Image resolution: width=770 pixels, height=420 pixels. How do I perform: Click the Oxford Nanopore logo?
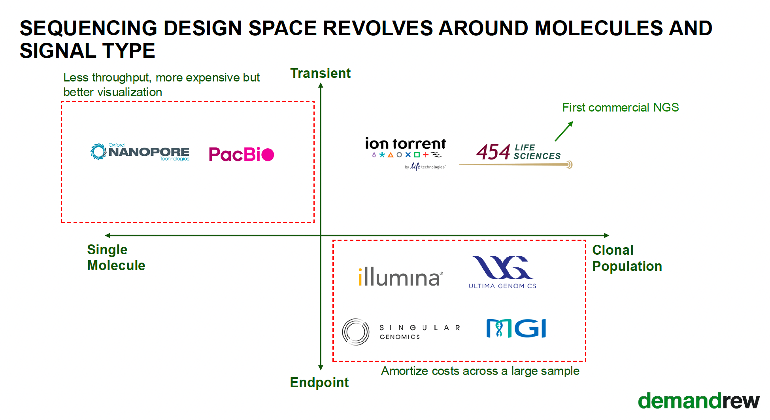(140, 152)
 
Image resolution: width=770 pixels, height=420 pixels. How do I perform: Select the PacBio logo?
(241, 154)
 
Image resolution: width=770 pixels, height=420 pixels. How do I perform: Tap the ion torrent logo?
(406, 152)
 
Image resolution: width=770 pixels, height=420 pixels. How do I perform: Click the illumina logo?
(400, 276)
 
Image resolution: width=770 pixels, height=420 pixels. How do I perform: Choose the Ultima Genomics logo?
(502, 272)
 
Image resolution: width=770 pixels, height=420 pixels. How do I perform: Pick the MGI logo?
(516, 328)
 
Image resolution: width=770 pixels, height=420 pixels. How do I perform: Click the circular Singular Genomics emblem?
(356, 332)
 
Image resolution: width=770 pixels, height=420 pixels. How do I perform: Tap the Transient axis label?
(320, 74)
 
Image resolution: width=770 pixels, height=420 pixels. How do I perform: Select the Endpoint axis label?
(319, 382)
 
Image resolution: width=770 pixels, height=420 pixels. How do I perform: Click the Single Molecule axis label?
(116, 257)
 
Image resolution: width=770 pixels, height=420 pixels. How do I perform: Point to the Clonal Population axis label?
(627, 258)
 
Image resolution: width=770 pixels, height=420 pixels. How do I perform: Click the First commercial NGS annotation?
(620, 108)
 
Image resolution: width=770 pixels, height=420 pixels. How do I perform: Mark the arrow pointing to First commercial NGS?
(564, 131)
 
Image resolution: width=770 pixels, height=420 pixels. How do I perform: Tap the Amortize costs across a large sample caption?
(480, 371)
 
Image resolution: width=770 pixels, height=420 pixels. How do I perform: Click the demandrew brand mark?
(698, 401)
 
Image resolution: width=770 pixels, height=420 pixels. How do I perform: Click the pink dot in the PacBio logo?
(268, 155)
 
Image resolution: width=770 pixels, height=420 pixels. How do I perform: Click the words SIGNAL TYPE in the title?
(87, 51)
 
